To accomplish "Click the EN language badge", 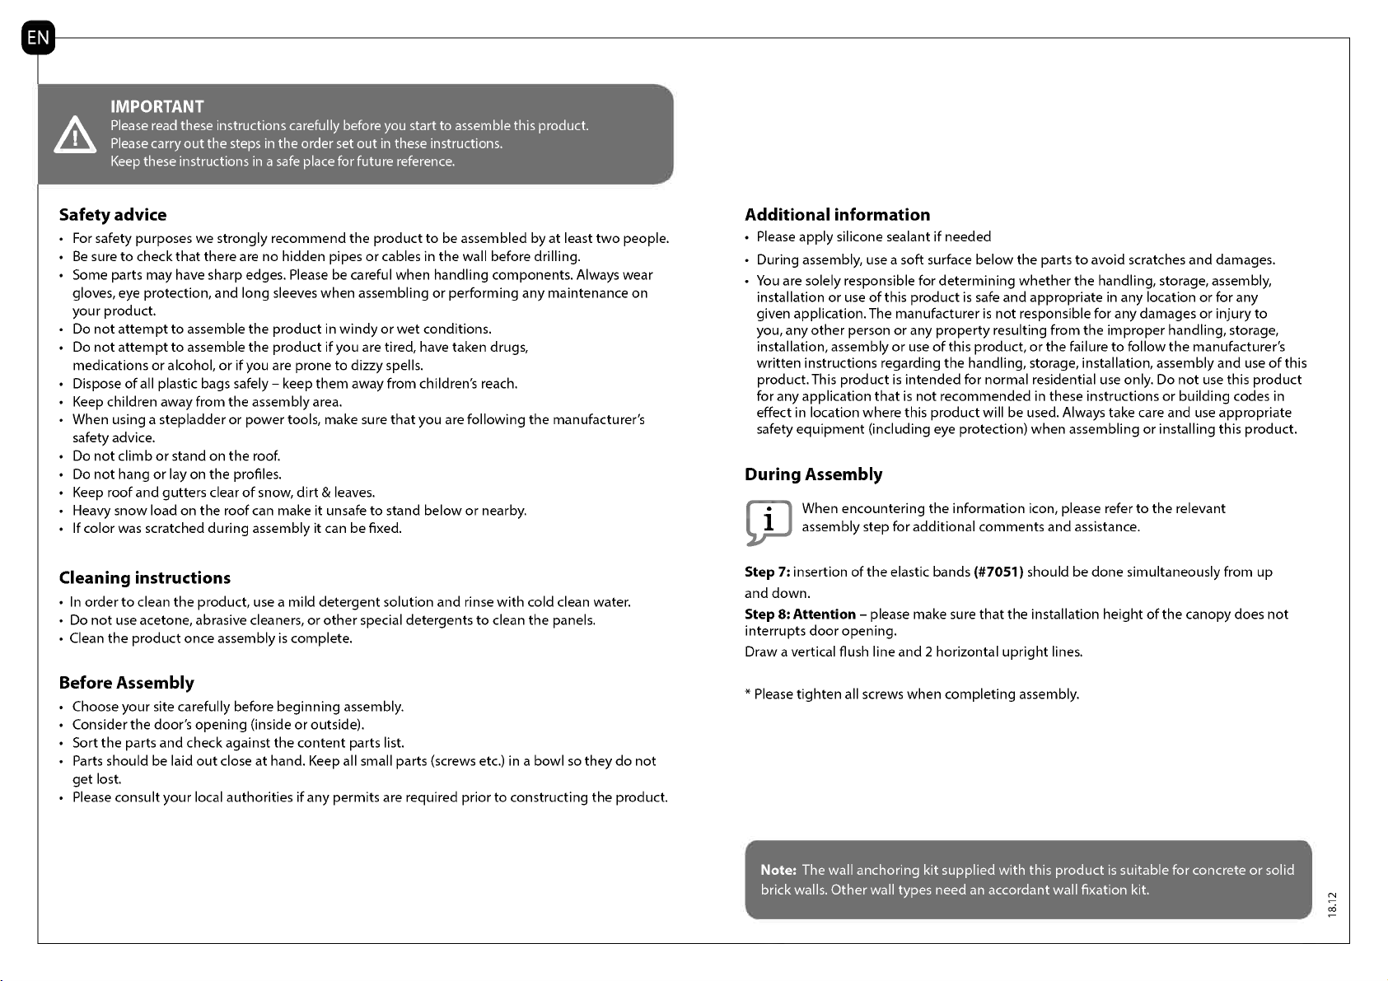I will coord(38,38).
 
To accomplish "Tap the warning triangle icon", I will coord(75,135).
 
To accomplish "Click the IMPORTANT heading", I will coord(157,106).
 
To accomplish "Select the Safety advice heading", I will coord(113,215).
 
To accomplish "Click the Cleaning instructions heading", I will coord(145,577).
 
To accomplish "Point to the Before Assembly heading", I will coord(127,683).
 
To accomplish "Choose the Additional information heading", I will coord(838,215).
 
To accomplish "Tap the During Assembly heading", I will coord(814,474).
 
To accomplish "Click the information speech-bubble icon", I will coord(768,522).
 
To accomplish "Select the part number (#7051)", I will coord(998,572).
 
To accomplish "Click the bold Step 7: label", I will coord(768,572).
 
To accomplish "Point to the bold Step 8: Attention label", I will coord(801,614).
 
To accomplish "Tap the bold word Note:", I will coord(778,870).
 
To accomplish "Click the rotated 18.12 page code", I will coord(1333,903).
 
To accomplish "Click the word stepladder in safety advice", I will coord(187,420).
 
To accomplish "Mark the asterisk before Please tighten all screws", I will coord(748,694).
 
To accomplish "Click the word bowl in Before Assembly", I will coord(549,761).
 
